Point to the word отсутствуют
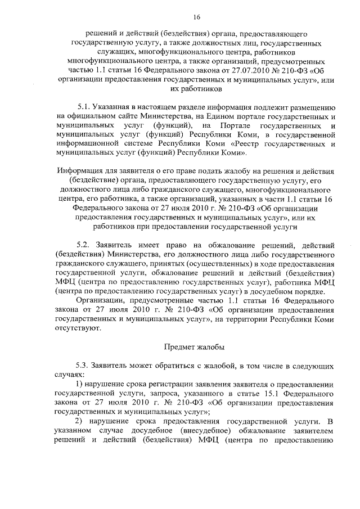click(79, 328)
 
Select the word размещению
click(311, 106)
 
